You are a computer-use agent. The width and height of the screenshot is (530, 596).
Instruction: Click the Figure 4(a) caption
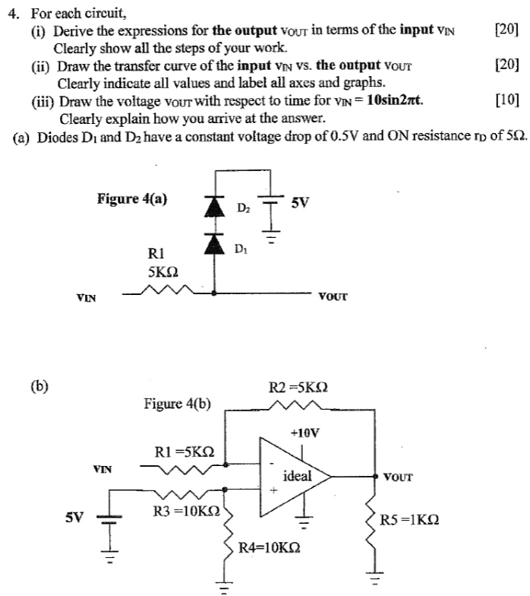pyautogui.click(x=132, y=199)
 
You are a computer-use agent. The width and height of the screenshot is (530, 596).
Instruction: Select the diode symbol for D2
pyautogui.click(x=217, y=205)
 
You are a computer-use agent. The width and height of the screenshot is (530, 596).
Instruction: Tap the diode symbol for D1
pyautogui.click(x=217, y=242)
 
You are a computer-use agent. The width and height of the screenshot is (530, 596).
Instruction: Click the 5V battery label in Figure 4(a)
pyautogui.click(x=300, y=203)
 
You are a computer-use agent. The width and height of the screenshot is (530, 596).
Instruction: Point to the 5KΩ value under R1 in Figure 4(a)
pyautogui.click(x=163, y=270)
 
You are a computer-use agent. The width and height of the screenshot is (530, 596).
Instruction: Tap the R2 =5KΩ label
pyautogui.click(x=298, y=387)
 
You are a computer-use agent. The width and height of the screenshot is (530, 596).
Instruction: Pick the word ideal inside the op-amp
pyautogui.click(x=297, y=476)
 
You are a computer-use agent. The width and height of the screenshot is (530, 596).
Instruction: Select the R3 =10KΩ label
pyautogui.click(x=186, y=512)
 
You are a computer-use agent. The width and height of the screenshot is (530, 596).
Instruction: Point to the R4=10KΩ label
pyautogui.click(x=269, y=547)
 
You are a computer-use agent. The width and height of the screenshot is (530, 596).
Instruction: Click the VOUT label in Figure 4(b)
pyautogui.click(x=398, y=477)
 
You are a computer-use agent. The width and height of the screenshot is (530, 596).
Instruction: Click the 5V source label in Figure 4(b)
pyautogui.click(x=74, y=518)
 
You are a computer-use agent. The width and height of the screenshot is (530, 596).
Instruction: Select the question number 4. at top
pyautogui.click(x=12, y=13)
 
